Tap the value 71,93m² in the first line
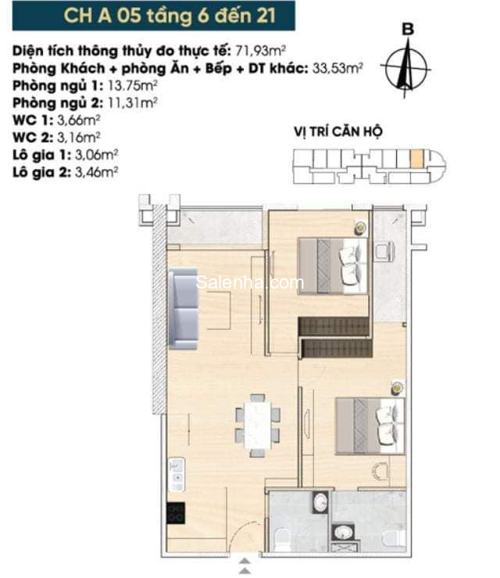click(261, 51)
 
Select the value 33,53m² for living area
click(337, 68)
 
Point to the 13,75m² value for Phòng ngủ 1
click(133, 85)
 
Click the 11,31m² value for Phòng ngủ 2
click(133, 102)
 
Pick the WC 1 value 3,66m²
click(79, 120)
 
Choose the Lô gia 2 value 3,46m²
click(96, 172)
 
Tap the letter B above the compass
click(408, 29)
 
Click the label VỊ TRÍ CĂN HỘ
click(338, 131)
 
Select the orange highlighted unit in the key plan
click(416, 159)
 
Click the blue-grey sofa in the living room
click(184, 309)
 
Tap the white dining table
click(258, 425)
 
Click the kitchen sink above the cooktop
click(177, 475)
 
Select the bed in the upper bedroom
click(333, 266)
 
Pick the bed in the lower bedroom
click(370, 425)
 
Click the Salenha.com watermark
click(250, 282)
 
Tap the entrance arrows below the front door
click(245, 566)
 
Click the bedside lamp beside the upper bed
click(361, 228)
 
